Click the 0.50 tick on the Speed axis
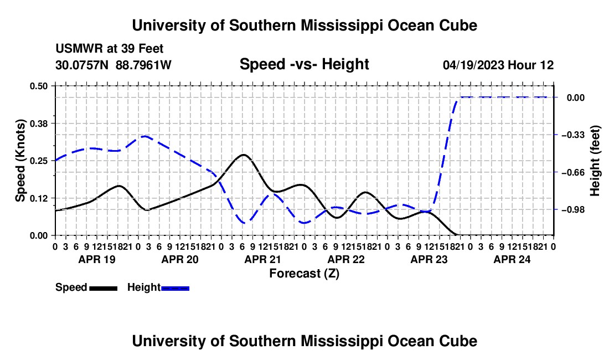point(38,86)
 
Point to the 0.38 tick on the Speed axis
point(38,124)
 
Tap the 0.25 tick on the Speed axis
point(38,161)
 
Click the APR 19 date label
point(97,259)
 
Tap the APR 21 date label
point(262,259)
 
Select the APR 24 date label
point(512,259)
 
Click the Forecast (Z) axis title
point(304,274)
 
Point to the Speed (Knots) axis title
point(20,161)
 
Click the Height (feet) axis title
point(595,161)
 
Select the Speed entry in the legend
point(86,288)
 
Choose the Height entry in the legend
point(158,288)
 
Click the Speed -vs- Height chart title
point(304,64)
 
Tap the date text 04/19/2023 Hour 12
point(498,65)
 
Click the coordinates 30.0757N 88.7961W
point(113,65)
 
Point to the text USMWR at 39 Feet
point(110,49)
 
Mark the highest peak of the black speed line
point(244,155)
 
